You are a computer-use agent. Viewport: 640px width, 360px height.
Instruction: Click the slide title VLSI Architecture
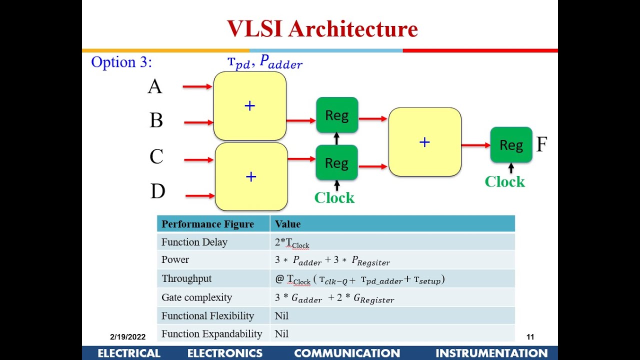tap(322, 28)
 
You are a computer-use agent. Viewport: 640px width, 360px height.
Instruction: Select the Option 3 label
tap(121, 62)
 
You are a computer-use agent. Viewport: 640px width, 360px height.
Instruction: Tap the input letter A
tap(155, 87)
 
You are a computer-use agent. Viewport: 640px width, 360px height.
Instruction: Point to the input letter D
tap(157, 191)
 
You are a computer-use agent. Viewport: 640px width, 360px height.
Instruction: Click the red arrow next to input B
tap(198, 122)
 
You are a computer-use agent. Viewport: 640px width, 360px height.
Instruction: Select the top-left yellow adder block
tap(249, 105)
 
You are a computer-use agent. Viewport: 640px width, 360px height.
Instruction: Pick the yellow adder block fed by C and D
tap(251, 176)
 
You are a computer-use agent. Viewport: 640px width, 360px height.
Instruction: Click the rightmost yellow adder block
tap(424, 142)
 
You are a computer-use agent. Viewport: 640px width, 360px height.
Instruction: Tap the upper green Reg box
tap(336, 115)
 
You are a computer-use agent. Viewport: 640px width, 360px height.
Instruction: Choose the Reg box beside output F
tap(510, 145)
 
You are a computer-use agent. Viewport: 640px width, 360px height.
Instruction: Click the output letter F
tap(541, 145)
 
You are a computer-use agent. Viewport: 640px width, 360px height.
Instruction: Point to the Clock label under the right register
tap(504, 181)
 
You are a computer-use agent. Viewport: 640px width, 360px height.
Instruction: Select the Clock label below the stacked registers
tap(334, 198)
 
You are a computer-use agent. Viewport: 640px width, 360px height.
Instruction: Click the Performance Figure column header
tap(207, 224)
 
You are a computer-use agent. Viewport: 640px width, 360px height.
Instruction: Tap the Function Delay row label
tap(194, 242)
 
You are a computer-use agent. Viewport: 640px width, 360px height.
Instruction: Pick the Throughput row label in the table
tap(186, 279)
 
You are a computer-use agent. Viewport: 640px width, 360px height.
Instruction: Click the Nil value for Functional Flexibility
tap(281, 316)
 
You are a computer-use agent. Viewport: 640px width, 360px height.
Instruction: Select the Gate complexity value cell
tap(334, 298)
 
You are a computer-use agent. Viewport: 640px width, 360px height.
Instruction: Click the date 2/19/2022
tap(127, 337)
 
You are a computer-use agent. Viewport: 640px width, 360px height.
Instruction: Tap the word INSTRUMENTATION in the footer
tap(491, 353)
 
